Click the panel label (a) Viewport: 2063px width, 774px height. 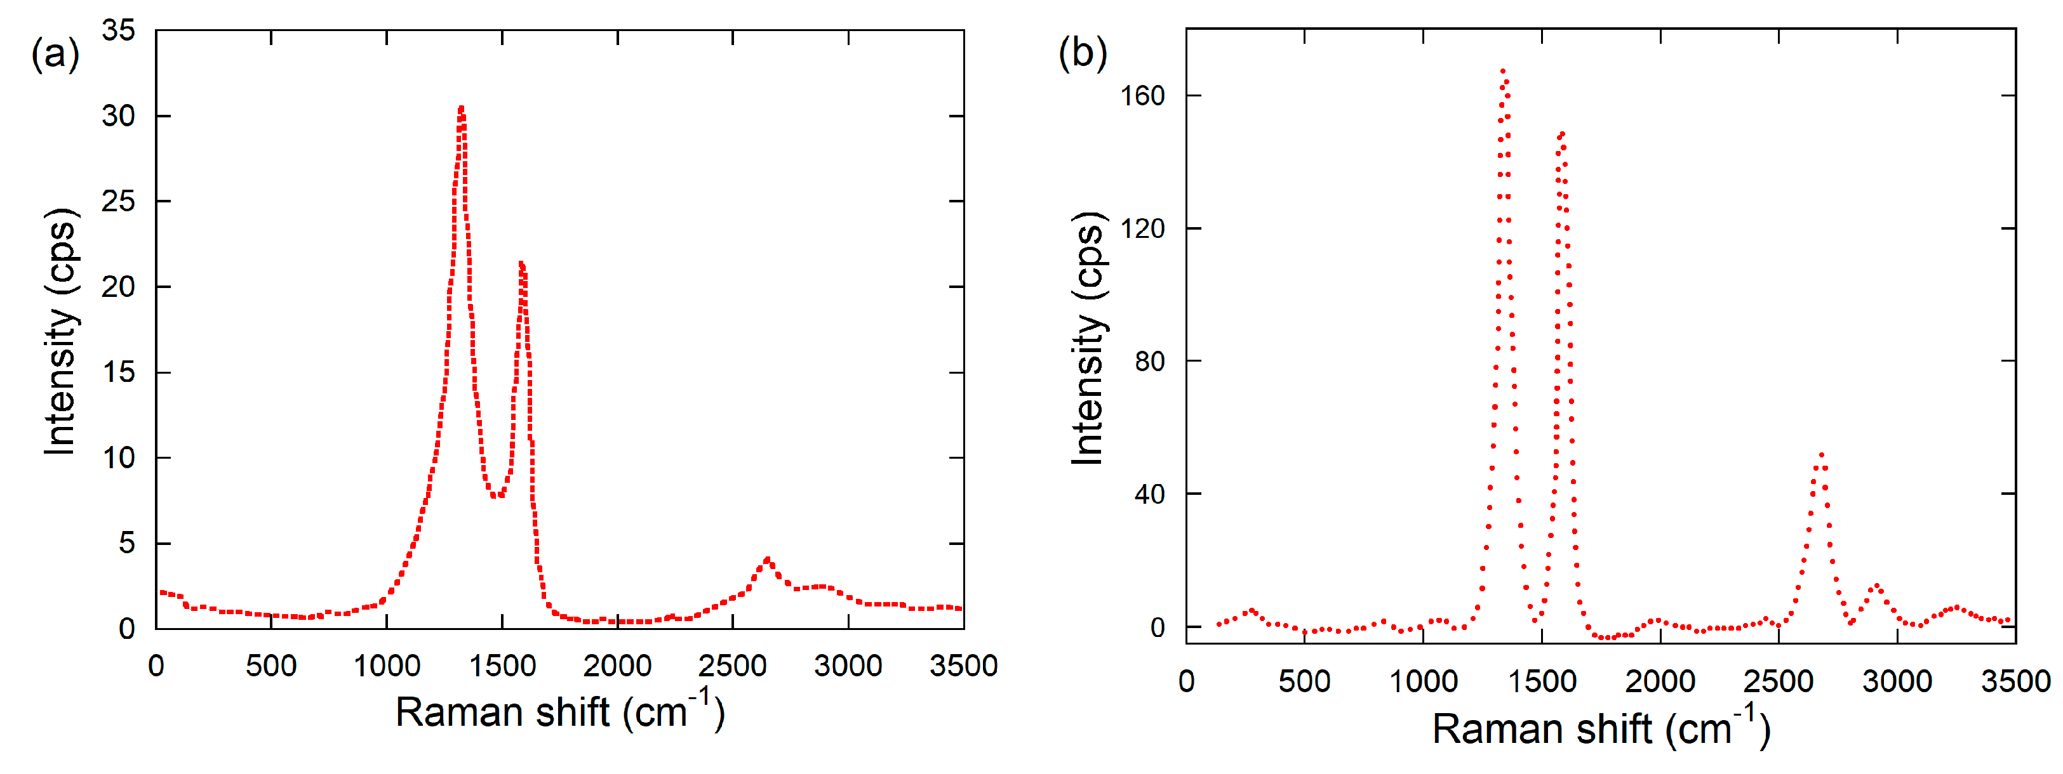coord(55,55)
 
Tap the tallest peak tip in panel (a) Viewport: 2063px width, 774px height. coord(461,108)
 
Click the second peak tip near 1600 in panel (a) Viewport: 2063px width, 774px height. coord(521,263)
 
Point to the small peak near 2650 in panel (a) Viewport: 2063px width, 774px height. coord(767,560)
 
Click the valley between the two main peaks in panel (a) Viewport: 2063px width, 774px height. coord(497,495)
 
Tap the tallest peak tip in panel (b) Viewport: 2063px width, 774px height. coord(1502,71)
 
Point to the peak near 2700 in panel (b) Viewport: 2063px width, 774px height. coord(1821,455)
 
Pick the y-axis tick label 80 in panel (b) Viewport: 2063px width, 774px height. coord(1149,361)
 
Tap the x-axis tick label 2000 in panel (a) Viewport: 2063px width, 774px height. coord(617,665)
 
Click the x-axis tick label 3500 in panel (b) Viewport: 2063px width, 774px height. coord(2015,681)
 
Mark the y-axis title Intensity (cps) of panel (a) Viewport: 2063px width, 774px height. coord(60,332)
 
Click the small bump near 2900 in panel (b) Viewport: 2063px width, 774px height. coord(1876,586)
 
